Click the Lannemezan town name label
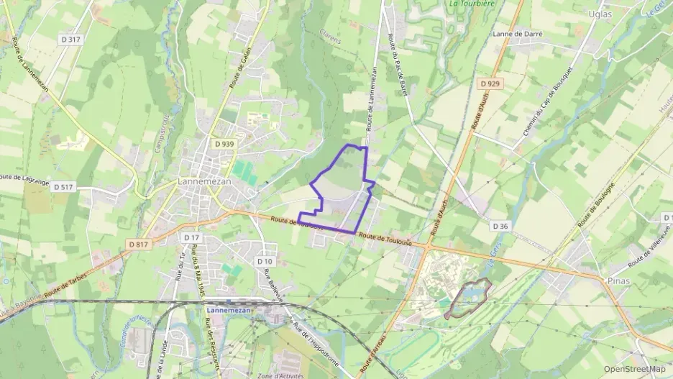205,182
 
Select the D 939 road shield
224,144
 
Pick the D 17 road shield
191,237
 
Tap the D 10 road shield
265,261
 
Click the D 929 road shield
489,84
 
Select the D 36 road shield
500,226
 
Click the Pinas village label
618,280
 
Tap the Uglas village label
600,14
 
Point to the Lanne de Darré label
517,34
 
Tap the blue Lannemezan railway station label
228,310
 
